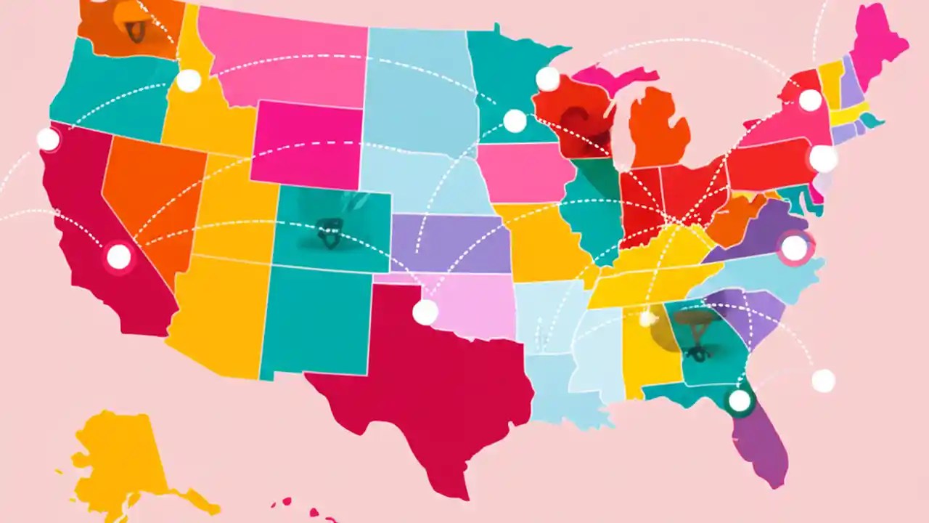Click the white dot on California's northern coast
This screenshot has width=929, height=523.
[x=48, y=139]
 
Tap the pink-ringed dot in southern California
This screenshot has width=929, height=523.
[x=118, y=256]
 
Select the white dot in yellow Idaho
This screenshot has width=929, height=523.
[x=189, y=81]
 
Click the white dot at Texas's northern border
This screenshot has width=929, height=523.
[x=425, y=312]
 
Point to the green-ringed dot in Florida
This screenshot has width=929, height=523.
[x=740, y=400]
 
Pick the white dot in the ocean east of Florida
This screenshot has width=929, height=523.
[x=823, y=381]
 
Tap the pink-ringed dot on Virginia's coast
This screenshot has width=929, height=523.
[x=794, y=248]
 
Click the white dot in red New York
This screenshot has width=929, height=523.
[x=810, y=100]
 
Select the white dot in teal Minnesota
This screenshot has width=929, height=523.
[x=515, y=121]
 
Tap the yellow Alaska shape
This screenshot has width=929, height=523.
[x=123, y=458]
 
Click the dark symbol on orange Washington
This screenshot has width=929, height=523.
[x=134, y=30]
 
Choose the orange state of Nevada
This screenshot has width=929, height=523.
[x=152, y=196]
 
